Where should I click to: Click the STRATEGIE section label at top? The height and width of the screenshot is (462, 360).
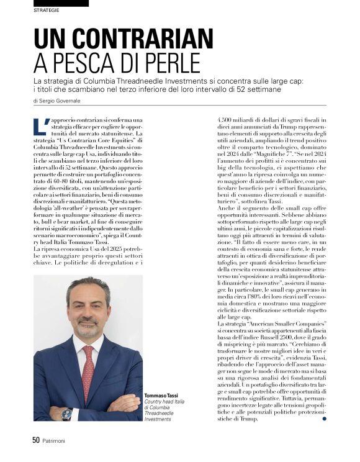47,11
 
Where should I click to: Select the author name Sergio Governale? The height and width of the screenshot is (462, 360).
65,100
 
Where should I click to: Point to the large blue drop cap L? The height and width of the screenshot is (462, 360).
42,125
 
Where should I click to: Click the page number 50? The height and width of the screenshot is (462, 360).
36,440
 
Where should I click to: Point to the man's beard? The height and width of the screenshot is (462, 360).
88,328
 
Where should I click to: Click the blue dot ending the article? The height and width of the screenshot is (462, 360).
324,419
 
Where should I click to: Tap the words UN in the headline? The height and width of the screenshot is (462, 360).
50,39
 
